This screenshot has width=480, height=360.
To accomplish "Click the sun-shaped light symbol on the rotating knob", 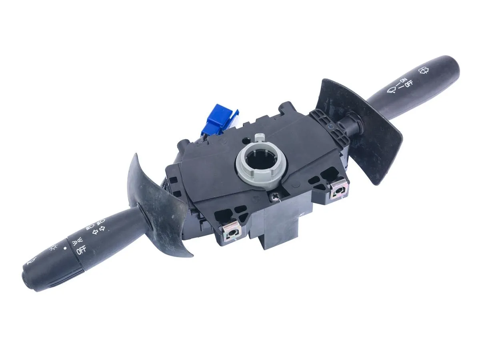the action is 53,247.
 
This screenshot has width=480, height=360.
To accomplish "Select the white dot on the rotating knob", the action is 65,248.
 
